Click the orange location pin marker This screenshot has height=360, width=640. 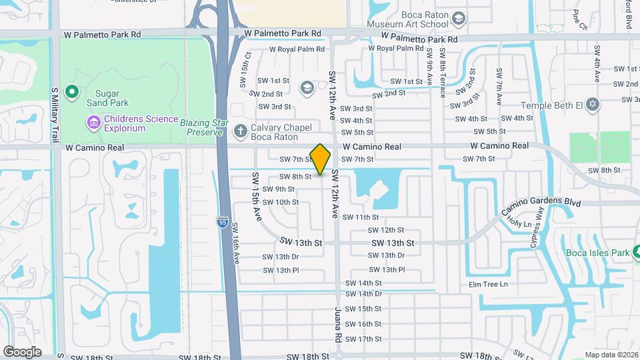(321, 159)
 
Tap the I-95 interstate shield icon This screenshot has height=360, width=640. (221, 220)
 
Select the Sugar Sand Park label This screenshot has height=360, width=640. (103, 98)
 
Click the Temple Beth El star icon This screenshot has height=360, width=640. (593, 105)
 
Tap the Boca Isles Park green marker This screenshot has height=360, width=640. (635, 252)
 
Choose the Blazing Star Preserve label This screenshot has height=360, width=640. (201, 127)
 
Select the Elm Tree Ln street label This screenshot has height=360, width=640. (488, 285)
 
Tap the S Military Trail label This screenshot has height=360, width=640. (55, 115)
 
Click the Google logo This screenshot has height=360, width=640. (22, 351)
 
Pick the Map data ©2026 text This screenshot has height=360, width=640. (611, 355)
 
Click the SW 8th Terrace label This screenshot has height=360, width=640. (443, 75)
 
